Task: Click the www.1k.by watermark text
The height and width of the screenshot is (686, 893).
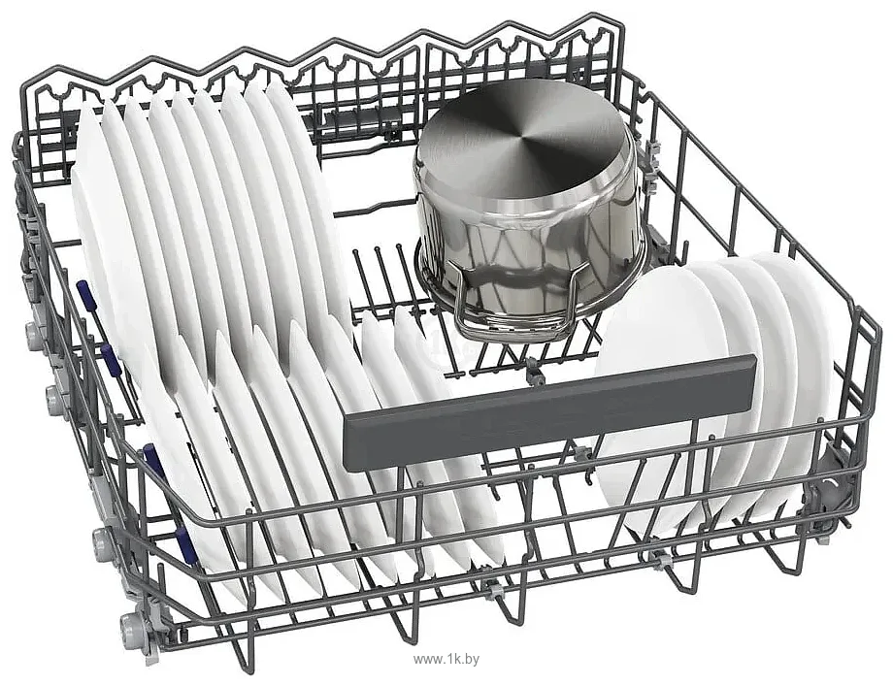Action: click(x=446, y=659)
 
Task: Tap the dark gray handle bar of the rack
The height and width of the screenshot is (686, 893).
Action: click(x=550, y=411)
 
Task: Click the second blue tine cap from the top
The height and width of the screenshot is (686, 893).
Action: click(x=108, y=356)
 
